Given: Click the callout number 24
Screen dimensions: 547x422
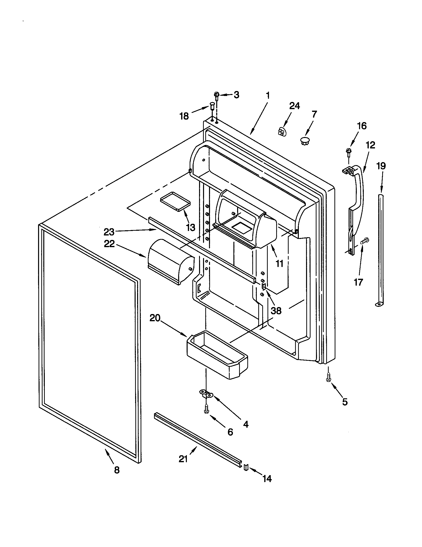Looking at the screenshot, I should point(294,106).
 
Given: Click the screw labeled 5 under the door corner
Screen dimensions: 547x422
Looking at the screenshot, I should point(328,378).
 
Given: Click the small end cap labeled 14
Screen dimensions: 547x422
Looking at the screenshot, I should point(246,467).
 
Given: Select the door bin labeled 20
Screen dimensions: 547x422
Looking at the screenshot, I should point(217,355).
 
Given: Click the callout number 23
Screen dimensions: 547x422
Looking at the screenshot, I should point(109,232).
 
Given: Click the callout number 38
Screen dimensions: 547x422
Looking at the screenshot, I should point(276,311).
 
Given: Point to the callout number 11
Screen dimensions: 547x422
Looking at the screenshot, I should point(279,263).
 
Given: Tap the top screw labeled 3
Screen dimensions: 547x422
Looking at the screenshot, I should point(217,95).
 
